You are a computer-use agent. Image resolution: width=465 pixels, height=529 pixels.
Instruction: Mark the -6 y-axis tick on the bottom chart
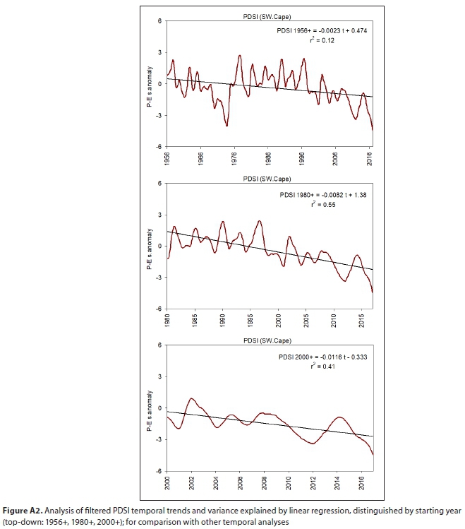click(x=159, y=470)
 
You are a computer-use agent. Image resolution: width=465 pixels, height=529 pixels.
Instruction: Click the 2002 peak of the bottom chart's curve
click(x=192, y=398)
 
